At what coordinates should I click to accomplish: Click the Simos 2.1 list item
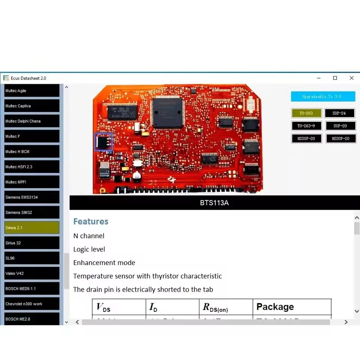tap(32, 228)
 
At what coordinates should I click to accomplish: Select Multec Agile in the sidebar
tap(32, 91)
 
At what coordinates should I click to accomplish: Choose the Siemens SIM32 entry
tap(32, 213)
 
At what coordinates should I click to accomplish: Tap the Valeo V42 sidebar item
tap(32, 273)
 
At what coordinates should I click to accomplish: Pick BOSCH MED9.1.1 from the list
tap(32, 289)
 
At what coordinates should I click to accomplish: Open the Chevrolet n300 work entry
tap(32, 304)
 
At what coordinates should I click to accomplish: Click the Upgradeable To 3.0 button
tap(323, 96)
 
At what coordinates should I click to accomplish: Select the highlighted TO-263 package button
tap(306, 113)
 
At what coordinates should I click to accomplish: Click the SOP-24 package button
tap(340, 113)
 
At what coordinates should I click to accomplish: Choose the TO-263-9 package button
tap(306, 126)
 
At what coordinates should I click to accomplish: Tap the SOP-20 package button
tap(340, 126)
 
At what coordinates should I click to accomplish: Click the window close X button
tap(351, 78)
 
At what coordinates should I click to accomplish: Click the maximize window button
tap(335, 78)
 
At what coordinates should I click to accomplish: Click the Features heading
tap(91, 222)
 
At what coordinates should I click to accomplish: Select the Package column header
tap(275, 307)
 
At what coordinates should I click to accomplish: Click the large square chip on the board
tap(168, 112)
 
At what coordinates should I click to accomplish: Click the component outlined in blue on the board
tap(103, 142)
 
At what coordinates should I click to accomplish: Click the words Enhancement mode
tap(104, 263)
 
